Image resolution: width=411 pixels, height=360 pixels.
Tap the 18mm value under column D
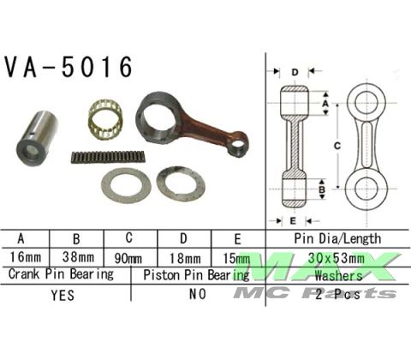pyautogui.click(x=182, y=257)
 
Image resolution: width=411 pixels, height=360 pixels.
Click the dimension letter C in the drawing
pyautogui.click(x=337, y=147)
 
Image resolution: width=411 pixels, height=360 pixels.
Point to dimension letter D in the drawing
pyautogui.click(x=294, y=71)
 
